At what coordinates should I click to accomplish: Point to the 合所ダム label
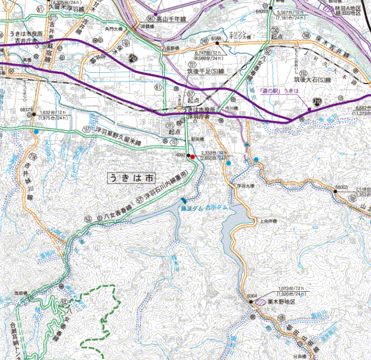216,208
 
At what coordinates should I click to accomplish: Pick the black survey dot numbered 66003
335,192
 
